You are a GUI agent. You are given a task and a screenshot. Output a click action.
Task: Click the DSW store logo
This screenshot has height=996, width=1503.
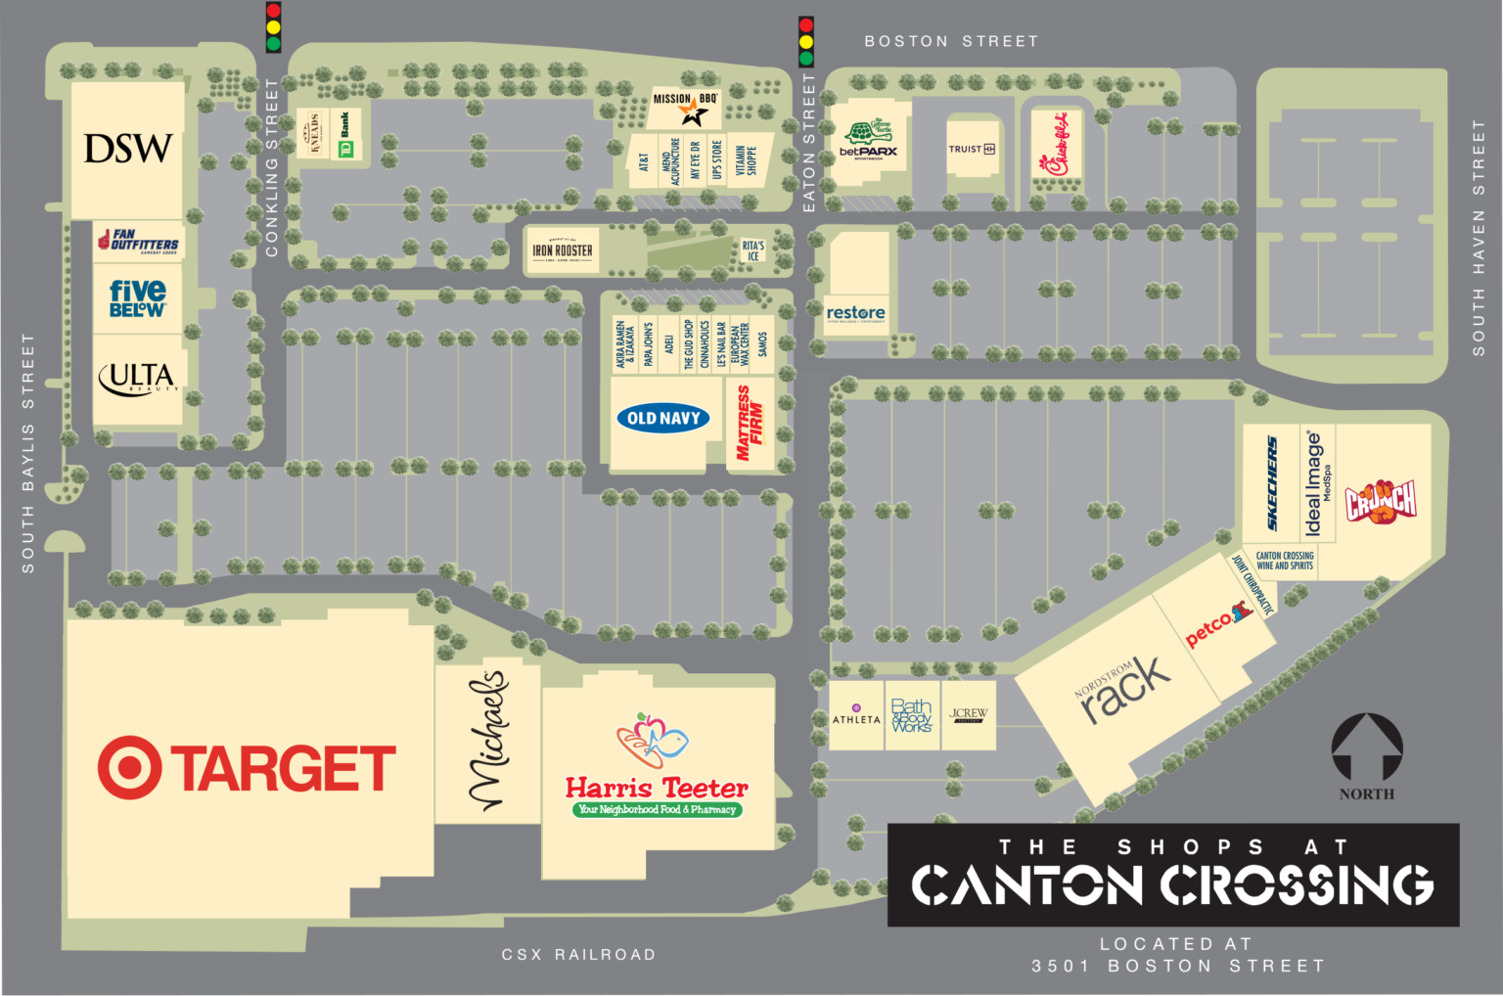(x=128, y=149)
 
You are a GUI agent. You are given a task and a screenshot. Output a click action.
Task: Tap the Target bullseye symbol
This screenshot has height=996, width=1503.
(x=129, y=768)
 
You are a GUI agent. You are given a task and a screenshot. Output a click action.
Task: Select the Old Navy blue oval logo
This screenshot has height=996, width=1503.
(x=663, y=419)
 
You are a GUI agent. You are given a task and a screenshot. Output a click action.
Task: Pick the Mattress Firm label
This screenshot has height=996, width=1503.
(x=750, y=424)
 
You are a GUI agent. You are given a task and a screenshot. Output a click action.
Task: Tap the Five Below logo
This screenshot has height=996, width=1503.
(x=138, y=297)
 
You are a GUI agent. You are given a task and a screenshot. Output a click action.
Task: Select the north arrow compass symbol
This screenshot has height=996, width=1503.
(x=1367, y=748)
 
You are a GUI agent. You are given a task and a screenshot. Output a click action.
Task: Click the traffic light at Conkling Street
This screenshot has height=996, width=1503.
(x=273, y=26)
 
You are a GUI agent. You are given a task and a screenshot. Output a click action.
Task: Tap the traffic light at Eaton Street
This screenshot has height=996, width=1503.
(x=806, y=40)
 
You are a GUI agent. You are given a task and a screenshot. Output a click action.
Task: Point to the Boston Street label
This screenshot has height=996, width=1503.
(x=951, y=41)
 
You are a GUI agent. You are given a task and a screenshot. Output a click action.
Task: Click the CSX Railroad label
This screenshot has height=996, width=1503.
(x=578, y=954)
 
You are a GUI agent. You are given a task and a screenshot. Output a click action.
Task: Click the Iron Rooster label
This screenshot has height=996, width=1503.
(x=563, y=250)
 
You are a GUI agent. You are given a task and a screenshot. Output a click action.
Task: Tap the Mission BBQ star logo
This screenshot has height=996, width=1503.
(x=694, y=114)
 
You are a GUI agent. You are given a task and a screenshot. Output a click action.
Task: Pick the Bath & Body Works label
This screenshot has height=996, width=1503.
(x=912, y=716)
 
